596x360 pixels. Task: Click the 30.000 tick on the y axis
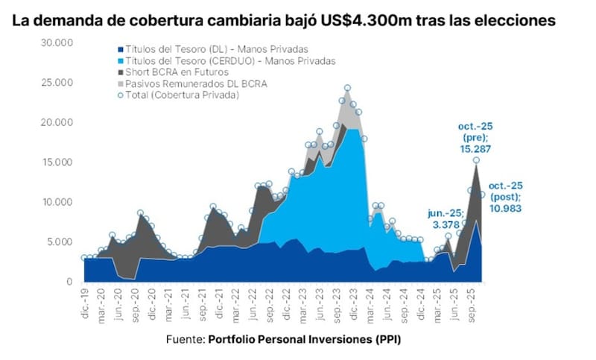(x=57, y=42)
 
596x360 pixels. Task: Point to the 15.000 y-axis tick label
(x=57, y=162)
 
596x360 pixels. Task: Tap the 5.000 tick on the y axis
(x=59, y=241)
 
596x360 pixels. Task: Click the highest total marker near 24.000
(x=347, y=88)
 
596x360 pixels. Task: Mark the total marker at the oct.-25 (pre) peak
(x=476, y=160)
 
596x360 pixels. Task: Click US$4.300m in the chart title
(x=349, y=21)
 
